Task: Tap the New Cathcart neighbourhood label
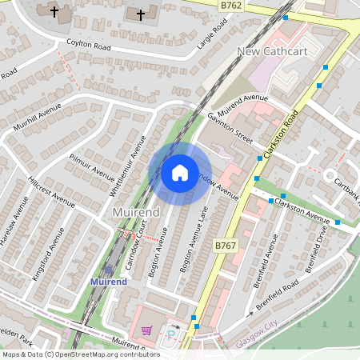click(274, 52)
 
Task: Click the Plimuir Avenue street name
click(92, 166)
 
